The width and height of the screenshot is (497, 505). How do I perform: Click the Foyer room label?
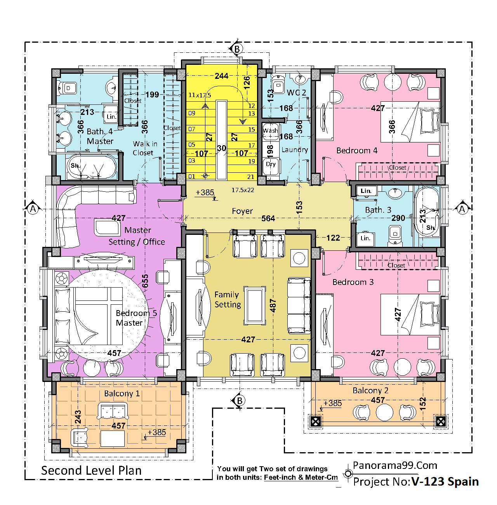coord(242,211)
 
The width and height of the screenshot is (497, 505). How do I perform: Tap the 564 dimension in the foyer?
coord(268,218)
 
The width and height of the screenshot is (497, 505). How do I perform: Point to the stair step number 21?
coord(251,177)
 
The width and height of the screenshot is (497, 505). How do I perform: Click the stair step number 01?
coord(192,177)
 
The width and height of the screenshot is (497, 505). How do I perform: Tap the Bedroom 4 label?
coord(357,151)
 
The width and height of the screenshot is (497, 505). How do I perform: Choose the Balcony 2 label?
coord(370,390)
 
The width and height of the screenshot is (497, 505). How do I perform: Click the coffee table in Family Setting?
coord(254,305)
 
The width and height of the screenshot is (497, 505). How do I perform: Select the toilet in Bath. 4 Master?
coord(67,88)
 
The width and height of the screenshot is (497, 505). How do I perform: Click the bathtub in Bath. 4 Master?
coord(91,166)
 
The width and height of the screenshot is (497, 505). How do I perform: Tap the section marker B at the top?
coord(237,49)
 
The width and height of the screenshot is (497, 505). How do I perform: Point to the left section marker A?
coord(33,209)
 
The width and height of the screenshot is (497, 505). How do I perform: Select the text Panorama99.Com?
coord(395,465)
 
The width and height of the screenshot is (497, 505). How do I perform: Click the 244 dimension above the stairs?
coord(222,76)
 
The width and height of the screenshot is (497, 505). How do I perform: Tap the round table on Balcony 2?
coord(384,412)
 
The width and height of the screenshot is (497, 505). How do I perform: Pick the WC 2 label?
coord(296,92)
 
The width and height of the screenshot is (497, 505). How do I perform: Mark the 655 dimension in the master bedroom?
coord(145,281)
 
